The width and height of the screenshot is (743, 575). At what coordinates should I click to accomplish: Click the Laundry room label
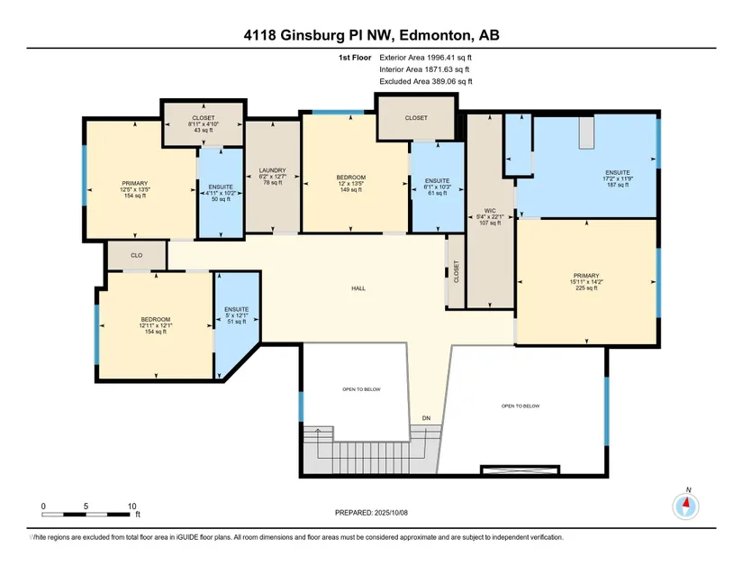tap(273, 176)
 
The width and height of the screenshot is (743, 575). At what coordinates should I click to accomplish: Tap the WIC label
tap(490, 216)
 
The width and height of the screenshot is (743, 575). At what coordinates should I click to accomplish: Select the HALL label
tap(358, 288)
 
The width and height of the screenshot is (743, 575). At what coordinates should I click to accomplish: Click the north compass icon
tap(685, 506)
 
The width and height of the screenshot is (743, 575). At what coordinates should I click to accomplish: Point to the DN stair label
tap(427, 418)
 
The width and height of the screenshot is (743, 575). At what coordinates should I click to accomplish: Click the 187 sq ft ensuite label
tap(618, 178)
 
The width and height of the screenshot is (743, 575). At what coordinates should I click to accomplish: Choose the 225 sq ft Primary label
tap(586, 281)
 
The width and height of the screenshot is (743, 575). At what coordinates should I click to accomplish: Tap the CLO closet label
tap(137, 255)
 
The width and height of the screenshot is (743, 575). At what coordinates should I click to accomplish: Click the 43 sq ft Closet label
tap(204, 123)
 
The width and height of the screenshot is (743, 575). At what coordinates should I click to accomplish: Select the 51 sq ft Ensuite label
tap(237, 315)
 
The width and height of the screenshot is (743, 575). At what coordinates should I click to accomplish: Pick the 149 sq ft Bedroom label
tap(351, 184)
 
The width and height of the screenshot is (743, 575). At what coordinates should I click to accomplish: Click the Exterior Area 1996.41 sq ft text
tap(425, 58)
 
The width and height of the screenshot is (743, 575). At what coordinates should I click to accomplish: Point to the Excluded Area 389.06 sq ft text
tap(426, 81)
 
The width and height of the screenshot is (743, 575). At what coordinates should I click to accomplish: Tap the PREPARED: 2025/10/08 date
tap(371, 513)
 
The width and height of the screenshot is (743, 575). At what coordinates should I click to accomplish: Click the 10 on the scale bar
tap(131, 507)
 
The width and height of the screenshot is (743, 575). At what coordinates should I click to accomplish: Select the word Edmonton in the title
tap(437, 35)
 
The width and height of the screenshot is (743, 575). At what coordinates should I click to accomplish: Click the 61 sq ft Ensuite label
tap(437, 187)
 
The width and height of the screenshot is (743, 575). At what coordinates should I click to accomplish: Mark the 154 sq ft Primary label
tap(135, 189)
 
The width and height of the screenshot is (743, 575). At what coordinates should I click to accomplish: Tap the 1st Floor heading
tap(355, 58)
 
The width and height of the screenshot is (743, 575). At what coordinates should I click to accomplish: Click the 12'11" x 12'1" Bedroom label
tap(156, 325)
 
